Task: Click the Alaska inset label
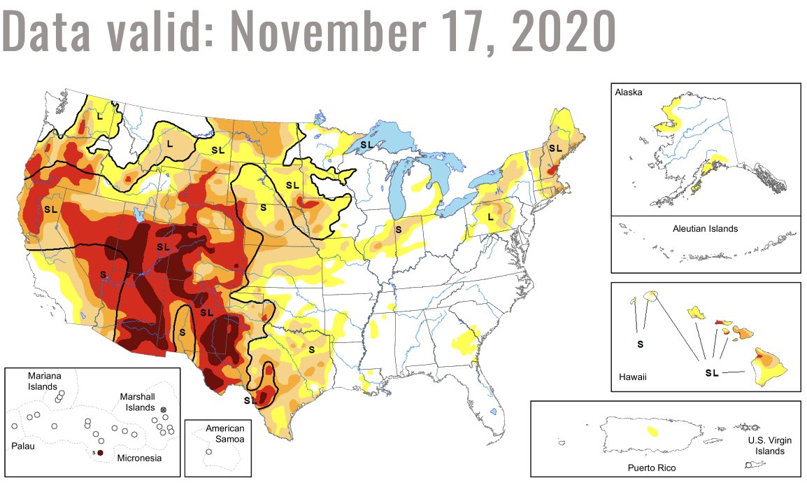point(628,92)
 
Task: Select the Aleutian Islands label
point(706,229)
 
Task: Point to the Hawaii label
point(632,377)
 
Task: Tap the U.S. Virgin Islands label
point(765,446)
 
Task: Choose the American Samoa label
point(225,433)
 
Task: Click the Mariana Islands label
point(43,381)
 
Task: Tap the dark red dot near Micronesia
point(100,454)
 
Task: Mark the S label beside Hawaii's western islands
point(640,344)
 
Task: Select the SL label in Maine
point(555,148)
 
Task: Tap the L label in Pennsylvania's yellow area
point(491,218)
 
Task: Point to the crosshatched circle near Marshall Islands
point(164,409)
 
